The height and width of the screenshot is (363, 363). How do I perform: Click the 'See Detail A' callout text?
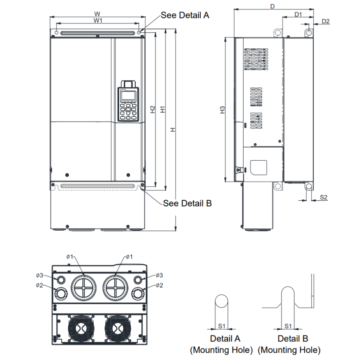point(185,15)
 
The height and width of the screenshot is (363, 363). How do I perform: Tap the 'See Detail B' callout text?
point(187,203)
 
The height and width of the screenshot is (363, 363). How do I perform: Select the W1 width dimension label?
point(98,20)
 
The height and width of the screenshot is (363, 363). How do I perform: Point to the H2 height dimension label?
point(152,109)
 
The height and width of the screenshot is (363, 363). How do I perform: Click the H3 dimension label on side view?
point(222,110)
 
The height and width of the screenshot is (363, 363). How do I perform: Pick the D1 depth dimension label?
point(298,14)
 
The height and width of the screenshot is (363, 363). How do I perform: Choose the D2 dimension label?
point(325,21)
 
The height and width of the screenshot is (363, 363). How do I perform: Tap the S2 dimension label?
point(324,197)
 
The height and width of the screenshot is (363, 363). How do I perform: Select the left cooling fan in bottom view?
point(81,328)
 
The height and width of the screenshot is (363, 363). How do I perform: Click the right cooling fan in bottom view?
point(117,328)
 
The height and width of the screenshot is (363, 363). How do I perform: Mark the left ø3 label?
point(40,275)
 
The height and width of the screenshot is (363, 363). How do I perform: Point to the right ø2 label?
point(159,285)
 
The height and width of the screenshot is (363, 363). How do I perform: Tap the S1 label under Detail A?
point(221,326)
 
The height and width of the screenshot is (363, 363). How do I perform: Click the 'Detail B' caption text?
point(293,339)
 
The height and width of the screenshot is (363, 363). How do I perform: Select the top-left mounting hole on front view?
point(56,33)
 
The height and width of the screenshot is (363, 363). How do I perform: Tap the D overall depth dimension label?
point(273,6)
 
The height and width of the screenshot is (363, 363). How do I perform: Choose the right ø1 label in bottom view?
point(129,257)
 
